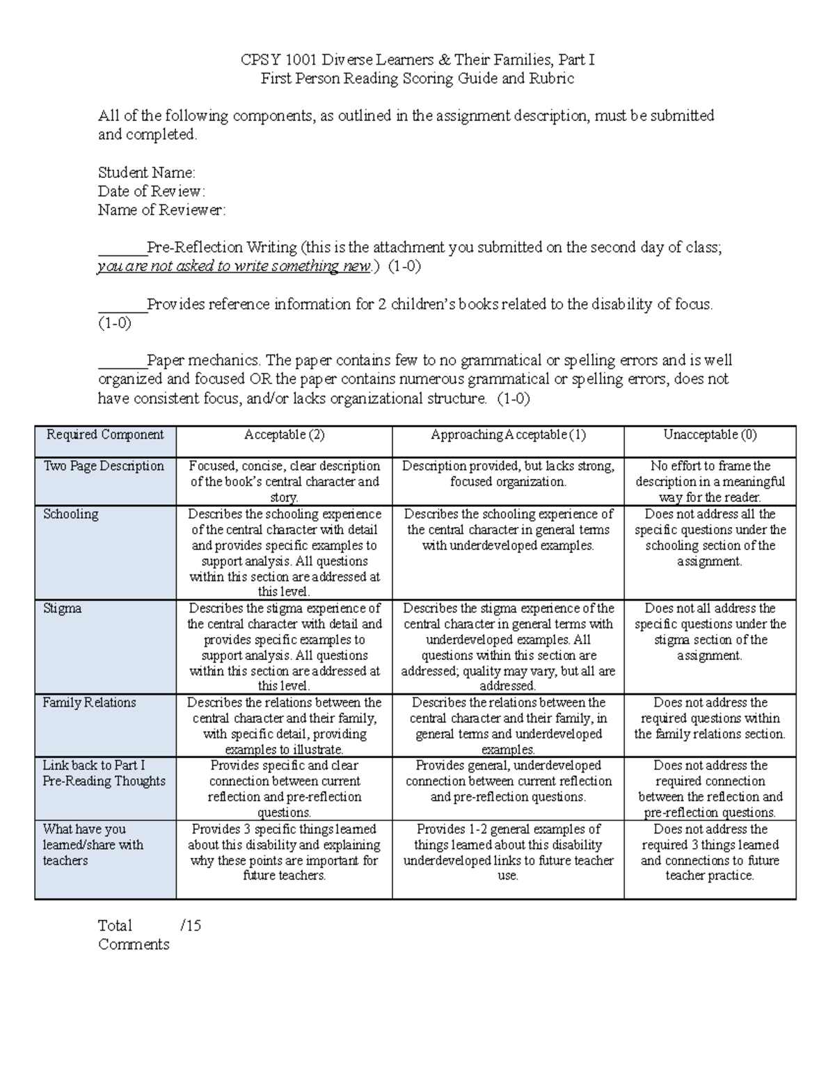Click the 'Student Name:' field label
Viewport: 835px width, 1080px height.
click(146, 172)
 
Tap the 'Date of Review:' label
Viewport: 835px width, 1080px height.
click(151, 191)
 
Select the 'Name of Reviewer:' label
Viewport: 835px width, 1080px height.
click(161, 210)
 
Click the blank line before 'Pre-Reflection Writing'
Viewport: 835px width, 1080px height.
click(122, 249)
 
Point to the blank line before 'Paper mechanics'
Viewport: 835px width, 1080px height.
click(122, 362)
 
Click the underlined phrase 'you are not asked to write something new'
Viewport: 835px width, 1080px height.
click(234, 266)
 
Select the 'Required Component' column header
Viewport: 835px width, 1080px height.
click(105, 435)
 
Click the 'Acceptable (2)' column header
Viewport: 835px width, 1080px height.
click(284, 435)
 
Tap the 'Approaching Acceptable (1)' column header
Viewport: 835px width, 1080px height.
click(508, 435)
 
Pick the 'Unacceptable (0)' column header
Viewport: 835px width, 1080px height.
click(710, 435)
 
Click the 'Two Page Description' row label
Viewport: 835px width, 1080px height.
click(104, 467)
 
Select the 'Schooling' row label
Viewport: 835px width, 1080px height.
click(71, 515)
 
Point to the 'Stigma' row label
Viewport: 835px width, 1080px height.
click(63, 609)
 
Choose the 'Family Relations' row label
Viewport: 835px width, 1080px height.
click(89, 703)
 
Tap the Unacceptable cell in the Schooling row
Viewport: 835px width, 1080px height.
click(710, 538)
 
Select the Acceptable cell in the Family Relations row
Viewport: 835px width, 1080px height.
click(284, 726)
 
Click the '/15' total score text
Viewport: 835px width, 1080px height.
click(190, 926)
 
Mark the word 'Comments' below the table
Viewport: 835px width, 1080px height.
click(134, 944)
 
